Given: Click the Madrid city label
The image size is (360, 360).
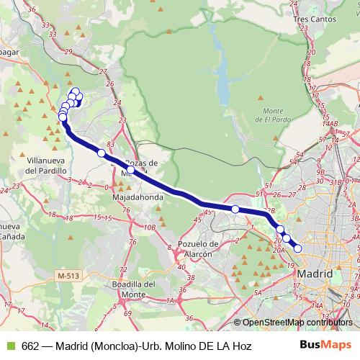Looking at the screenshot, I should pos(314,274).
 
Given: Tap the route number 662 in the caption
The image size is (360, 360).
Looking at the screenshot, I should pos(31,346).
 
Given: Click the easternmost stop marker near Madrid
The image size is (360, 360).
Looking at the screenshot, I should pos(297,249).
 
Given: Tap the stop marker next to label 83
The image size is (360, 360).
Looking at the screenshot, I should pos(102,153).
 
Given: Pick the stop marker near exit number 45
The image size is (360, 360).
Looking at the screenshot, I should pos(235,209).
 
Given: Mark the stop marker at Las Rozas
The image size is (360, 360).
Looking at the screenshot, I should pos(130,170).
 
